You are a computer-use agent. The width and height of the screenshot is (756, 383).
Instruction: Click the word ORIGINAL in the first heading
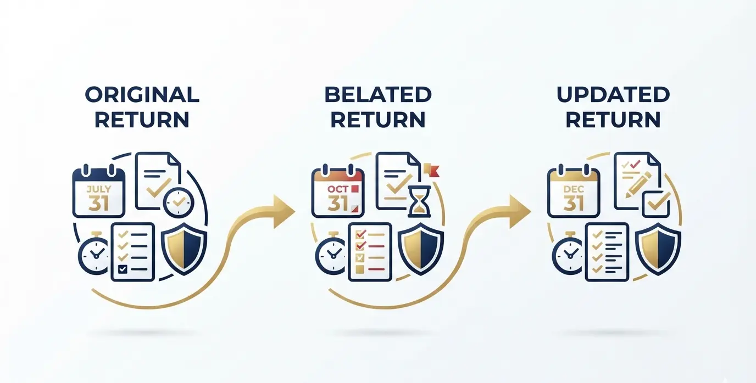142,94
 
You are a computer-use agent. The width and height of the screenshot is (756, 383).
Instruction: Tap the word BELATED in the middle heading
378,94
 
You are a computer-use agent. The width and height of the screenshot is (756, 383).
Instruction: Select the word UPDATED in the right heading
613,94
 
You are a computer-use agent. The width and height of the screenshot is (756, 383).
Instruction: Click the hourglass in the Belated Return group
419,201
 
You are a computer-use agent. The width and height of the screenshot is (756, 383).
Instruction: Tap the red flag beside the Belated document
432,170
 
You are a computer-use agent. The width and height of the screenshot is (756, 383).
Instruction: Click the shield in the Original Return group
184,249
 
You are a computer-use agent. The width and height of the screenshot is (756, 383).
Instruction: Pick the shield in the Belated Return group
421,249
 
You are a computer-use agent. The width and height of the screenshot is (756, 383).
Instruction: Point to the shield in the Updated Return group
658,249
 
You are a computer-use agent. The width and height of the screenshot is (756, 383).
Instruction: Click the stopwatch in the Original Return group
95,253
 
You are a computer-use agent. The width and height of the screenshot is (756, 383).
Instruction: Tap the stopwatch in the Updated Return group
569,253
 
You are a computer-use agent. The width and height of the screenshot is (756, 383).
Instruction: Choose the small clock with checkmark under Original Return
179,202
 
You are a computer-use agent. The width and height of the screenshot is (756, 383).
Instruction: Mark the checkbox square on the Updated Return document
656,204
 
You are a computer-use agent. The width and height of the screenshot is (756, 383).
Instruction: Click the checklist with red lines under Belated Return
370,251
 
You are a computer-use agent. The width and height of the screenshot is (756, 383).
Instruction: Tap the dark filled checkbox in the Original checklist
123,269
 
